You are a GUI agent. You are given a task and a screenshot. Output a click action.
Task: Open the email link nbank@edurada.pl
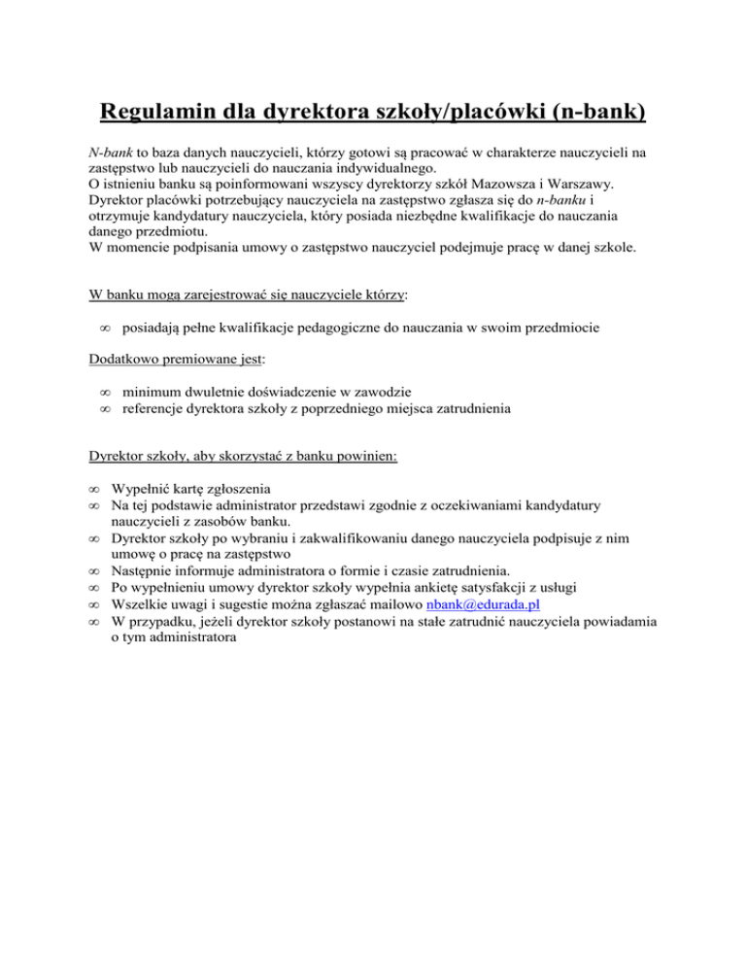pyautogui.click(x=483, y=629)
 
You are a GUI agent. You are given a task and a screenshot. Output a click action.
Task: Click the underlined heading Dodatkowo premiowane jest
pyautogui.click(x=163, y=359)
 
